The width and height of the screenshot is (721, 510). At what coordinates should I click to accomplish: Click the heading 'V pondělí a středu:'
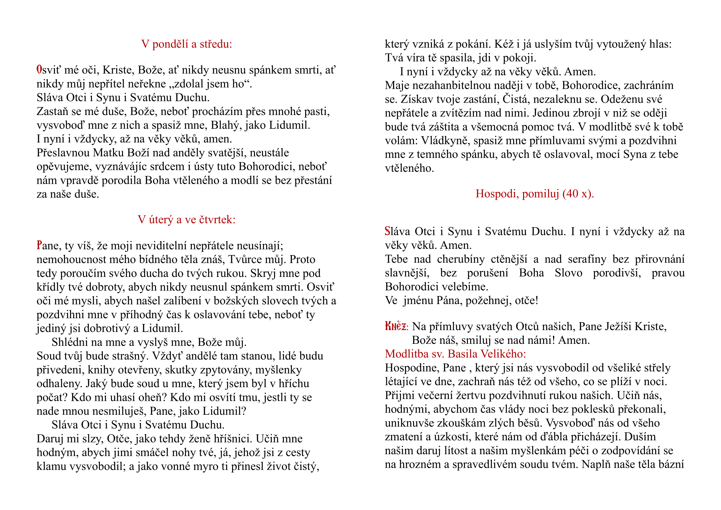click(186, 44)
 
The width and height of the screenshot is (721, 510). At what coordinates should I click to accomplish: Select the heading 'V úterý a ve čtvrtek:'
click(186, 220)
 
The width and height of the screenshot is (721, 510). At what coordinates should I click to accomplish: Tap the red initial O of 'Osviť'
click(39, 70)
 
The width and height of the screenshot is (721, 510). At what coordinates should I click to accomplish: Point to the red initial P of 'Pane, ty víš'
click(39, 245)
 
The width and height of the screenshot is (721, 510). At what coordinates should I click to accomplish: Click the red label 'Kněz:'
click(396, 327)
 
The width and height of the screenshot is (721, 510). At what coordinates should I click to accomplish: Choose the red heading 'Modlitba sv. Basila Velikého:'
click(455, 354)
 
